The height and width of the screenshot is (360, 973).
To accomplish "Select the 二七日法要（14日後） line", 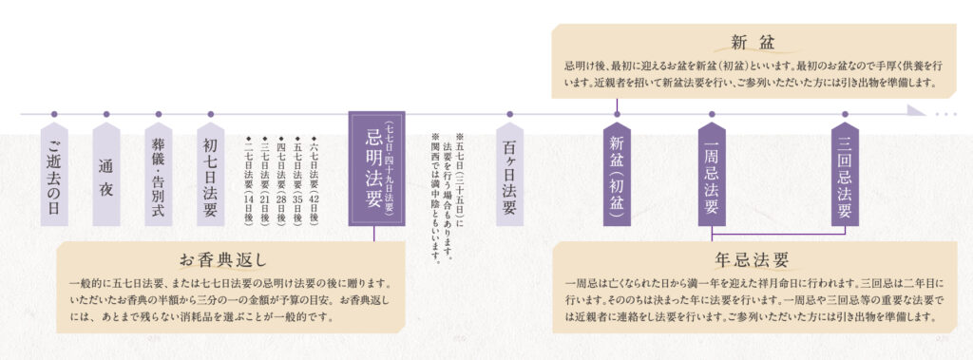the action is point(248,177).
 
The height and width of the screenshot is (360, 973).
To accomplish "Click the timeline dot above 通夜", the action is point(105,114).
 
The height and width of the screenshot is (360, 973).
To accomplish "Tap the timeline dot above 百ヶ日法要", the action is point(509,114).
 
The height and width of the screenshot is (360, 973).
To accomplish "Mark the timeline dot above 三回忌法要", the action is point(845,114).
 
